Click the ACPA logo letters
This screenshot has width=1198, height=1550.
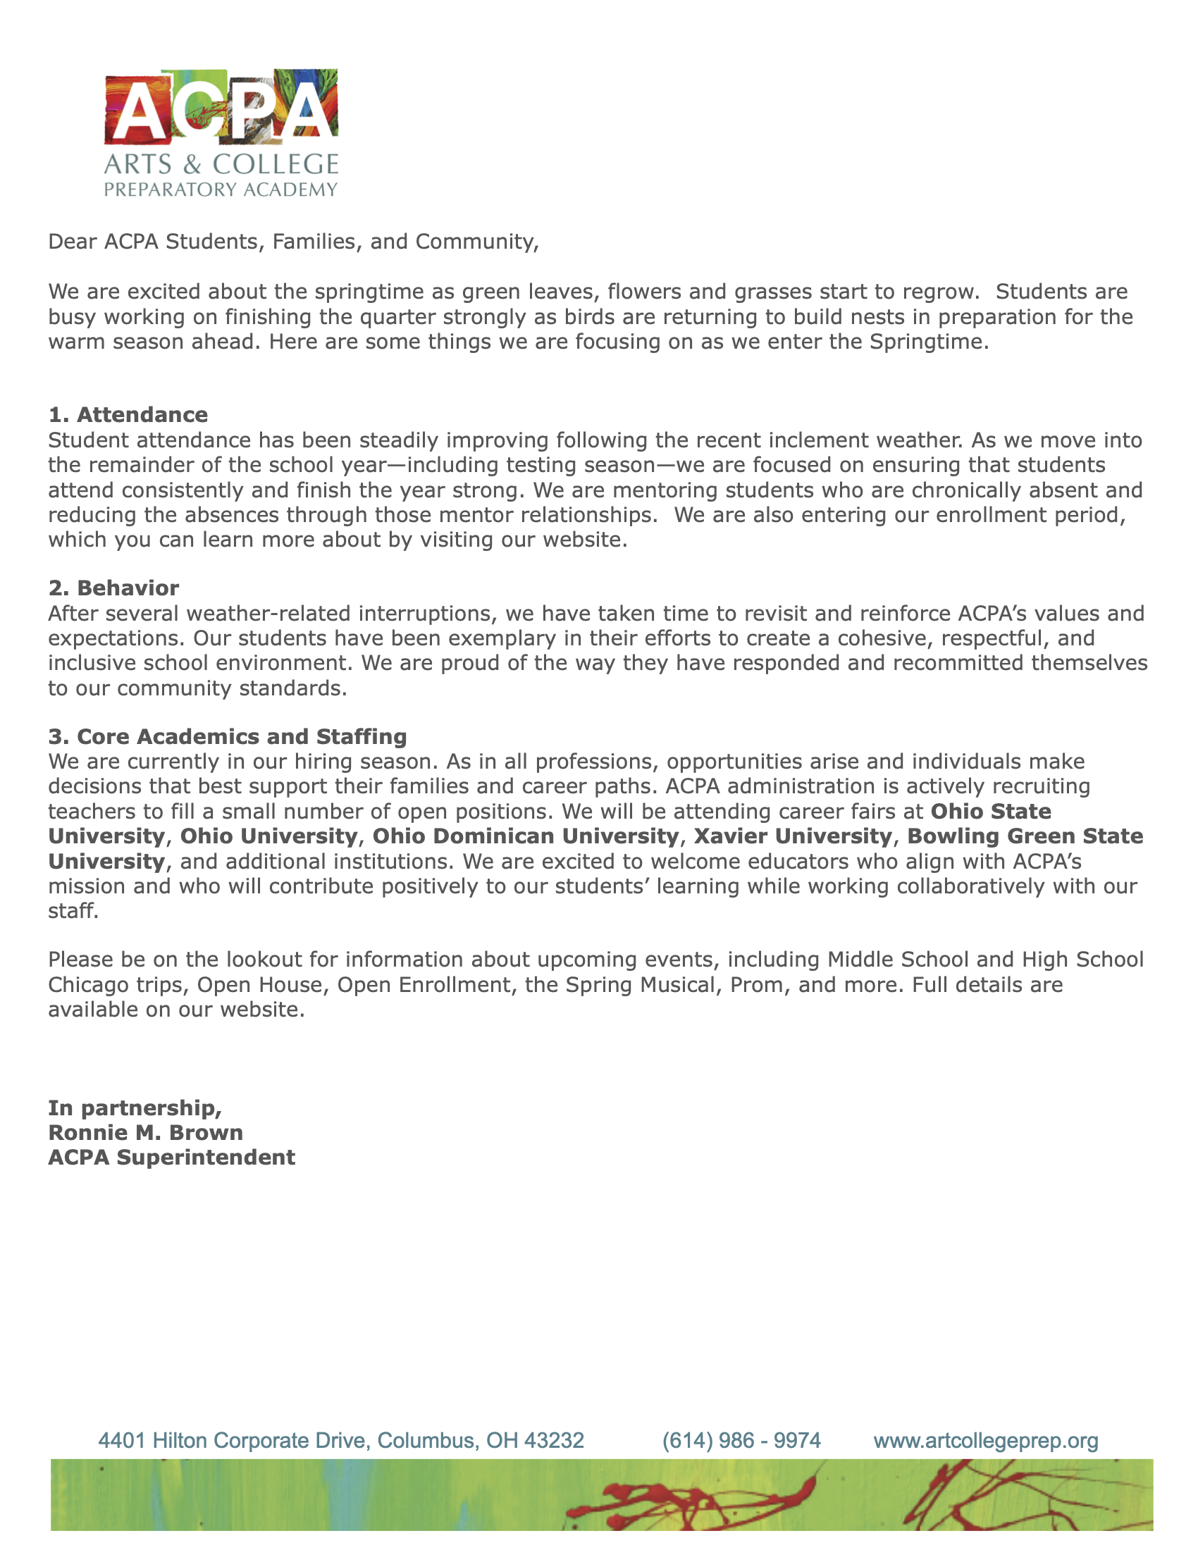221,106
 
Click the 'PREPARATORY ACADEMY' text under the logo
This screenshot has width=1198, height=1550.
221,190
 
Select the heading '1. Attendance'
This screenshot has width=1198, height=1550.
128,414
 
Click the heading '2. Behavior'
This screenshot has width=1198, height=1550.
113,588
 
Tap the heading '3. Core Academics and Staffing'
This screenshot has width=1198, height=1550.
227,736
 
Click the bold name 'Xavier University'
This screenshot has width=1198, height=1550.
792,836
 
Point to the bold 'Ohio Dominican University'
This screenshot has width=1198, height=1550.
525,836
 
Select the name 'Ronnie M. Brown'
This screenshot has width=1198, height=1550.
145,1132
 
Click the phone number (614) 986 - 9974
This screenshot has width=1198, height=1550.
741,1440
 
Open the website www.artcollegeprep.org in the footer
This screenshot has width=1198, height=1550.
986,1440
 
